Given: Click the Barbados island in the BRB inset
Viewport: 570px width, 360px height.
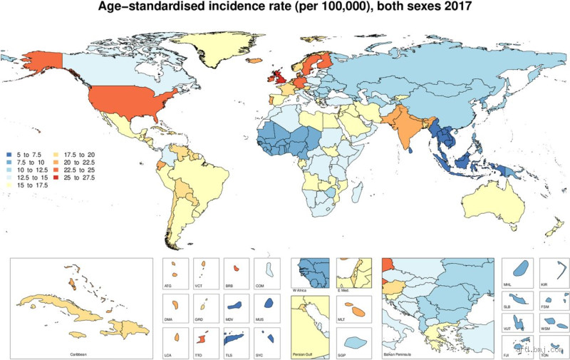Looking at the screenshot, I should [x=237, y=269].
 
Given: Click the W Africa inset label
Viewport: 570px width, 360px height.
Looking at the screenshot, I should [x=302, y=290].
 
